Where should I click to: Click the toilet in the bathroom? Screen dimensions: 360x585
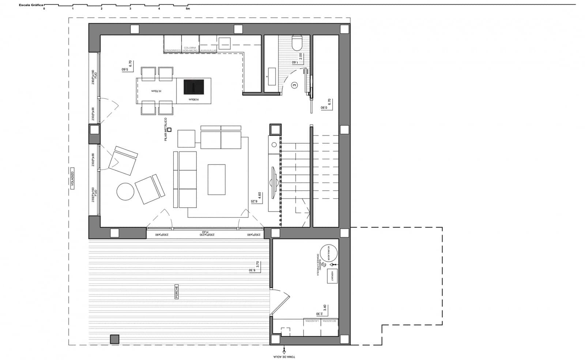coord(297,43)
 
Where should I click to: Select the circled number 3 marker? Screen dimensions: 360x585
coord(295,85)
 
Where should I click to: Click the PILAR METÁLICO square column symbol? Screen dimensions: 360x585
coord(169,129)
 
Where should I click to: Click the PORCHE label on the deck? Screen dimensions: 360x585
coord(177,292)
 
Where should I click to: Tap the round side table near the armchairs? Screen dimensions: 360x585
coord(125,192)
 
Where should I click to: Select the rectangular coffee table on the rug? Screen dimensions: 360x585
coord(216,179)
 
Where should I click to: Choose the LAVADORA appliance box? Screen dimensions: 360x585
coord(312,327)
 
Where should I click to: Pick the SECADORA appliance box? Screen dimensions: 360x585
coord(329,327)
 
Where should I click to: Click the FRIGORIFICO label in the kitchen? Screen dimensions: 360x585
coord(173,50)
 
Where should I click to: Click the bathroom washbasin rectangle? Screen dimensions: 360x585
coord(271,76)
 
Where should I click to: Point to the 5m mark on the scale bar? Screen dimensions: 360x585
coord(188,8)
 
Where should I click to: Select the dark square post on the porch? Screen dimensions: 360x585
coord(114,339)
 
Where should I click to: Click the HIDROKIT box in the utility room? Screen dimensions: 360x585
coord(333,276)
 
